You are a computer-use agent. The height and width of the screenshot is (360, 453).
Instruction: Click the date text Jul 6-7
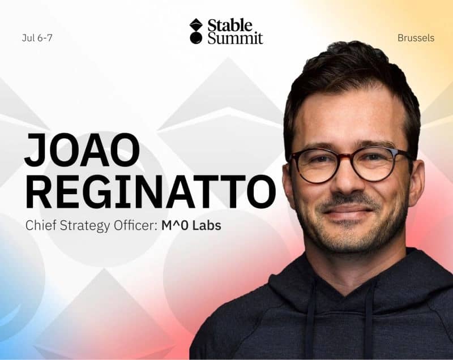(x=37, y=38)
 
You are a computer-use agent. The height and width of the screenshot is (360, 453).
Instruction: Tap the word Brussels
(x=416, y=38)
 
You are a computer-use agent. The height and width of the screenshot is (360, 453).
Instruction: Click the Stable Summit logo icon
(x=196, y=31)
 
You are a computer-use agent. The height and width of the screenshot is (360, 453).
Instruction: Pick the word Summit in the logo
(x=235, y=38)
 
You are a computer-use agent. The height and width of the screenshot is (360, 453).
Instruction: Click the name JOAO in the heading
(x=82, y=151)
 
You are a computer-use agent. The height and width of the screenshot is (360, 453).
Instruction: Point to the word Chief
(x=40, y=225)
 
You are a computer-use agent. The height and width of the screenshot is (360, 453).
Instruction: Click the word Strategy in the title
(x=82, y=226)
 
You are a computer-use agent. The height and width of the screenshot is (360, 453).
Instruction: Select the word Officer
(x=134, y=225)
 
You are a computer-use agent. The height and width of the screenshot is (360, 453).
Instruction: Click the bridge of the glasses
(x=350, y=160)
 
